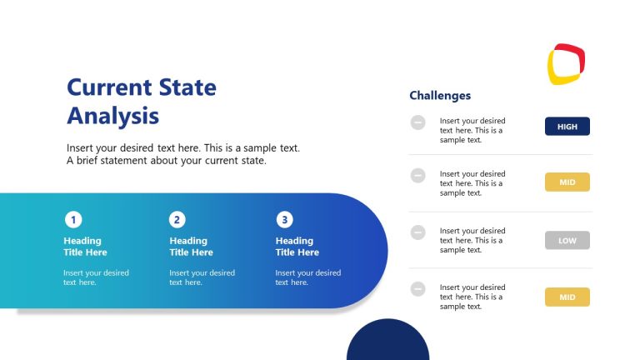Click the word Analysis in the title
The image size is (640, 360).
tap(112, 115)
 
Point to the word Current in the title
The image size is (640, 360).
tap(108, 87)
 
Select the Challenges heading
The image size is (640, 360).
tap(440, 96)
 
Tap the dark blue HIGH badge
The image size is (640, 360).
tap(567, 127)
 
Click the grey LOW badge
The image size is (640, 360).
tap(567, 241)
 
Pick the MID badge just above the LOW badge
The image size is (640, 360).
tap(567, 182)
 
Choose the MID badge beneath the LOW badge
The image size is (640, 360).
tap(567, 297)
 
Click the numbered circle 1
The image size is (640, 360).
tap(73, 220)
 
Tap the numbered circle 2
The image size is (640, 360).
tap(177, 220)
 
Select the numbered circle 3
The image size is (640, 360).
tap(285, 220)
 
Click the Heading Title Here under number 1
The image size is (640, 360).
tap(85, 247)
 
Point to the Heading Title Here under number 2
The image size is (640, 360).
tap(191, 247)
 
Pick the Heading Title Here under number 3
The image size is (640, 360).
tap(297, 247)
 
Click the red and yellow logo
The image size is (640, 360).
tap(566, 64)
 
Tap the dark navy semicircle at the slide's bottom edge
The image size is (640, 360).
tap(387, 343)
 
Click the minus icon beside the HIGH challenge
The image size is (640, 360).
tap(417, 122)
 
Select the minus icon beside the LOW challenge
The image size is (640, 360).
tap(417, 232)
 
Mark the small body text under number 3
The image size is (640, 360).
tap(307, 277)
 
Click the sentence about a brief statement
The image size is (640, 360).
tap(167, 161)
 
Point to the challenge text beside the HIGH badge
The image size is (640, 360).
tap(472, 130)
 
